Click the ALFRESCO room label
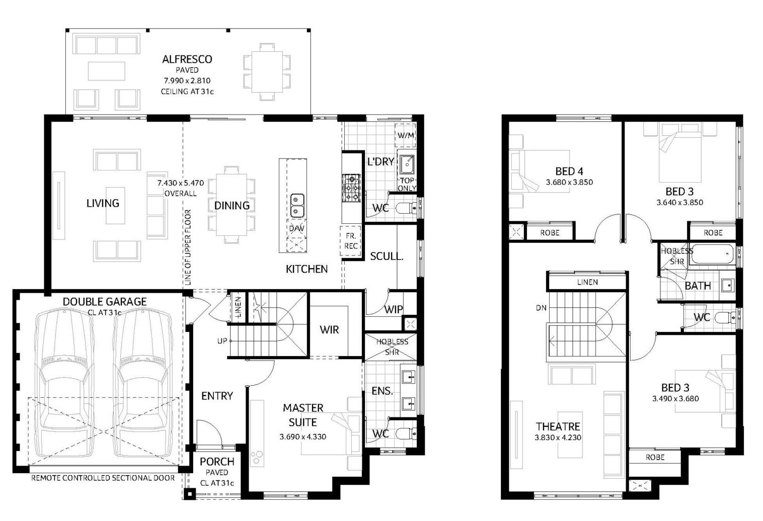[187, 59]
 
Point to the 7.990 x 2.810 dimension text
[187, 80]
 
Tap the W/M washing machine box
[406, 135]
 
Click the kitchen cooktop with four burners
[351, 188]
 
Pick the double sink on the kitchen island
[297, 205]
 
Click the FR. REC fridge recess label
[350, 241]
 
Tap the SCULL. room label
[387, 256]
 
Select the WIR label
[329, 329]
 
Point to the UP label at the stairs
[222, 340]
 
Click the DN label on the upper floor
[541, 308]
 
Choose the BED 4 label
[569, 171]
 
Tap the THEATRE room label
[558, 426]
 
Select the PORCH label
[217, 462]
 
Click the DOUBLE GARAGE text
[105, 302]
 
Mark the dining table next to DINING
[232, 205]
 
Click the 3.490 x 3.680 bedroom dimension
[675, 398]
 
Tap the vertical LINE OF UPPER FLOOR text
[188, 247]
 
